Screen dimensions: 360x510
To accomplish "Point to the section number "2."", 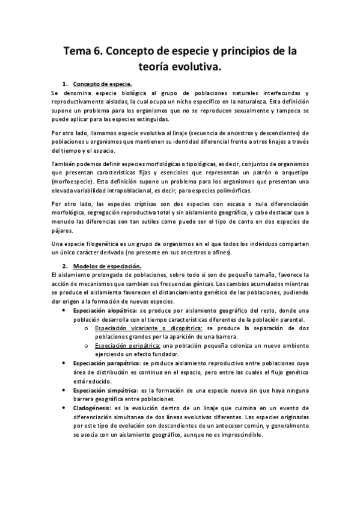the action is point(65,265).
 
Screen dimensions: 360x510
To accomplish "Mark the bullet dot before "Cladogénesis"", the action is point(65,407).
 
